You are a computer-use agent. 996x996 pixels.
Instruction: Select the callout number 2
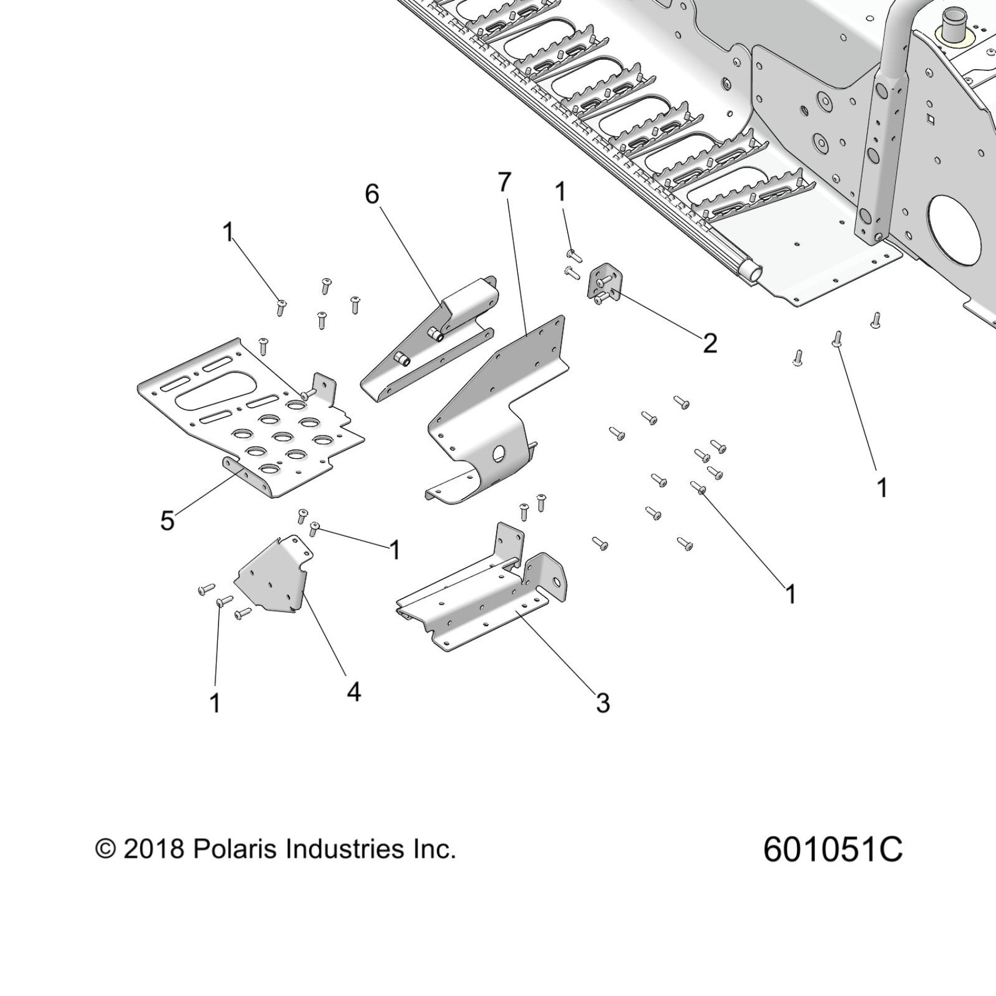pos(710,343)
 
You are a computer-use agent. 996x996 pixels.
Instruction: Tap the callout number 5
pos(168,520)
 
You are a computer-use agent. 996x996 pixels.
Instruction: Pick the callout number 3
pos(603,702)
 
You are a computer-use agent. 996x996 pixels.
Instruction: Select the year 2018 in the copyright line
pos(154,850)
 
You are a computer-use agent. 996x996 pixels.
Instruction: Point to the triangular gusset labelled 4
pos(272,577)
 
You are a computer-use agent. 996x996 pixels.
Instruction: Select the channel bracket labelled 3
pos(480,603)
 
